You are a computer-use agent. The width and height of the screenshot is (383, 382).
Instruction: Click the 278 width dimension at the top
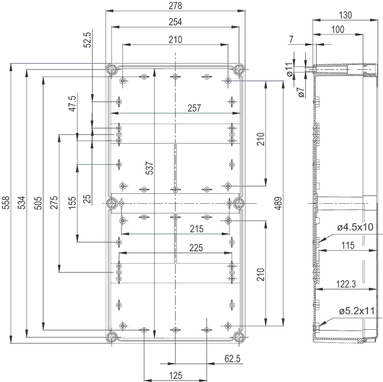pos(175,6)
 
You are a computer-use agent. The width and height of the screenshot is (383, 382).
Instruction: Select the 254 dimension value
pos(175,22)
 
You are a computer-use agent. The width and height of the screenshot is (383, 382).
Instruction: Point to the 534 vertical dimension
pos(22,202)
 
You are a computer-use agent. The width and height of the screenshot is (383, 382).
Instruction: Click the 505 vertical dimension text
pos(38,203)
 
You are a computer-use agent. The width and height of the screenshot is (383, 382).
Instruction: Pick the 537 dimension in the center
pos(149,168)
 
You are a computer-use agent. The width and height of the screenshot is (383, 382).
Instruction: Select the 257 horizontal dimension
pos(194,108)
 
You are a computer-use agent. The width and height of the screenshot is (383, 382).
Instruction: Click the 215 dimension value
pos(197,229)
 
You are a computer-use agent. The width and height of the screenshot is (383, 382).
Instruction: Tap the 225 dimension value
pos(196,248)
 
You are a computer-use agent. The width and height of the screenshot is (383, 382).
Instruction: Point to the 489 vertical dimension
pos(278,203)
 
